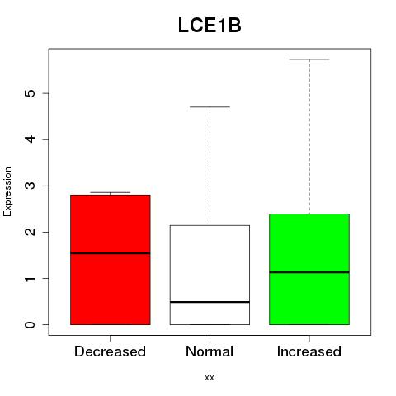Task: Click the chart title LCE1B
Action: pos(210,26)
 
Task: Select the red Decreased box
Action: pos(111,260)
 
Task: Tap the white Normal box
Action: pos(210,275)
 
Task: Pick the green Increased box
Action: pos(309,269)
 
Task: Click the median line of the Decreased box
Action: pos(111,253)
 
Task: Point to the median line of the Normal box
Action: pos(210,302)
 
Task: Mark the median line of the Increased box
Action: pos(309,272)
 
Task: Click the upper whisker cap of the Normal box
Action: pos(210,106)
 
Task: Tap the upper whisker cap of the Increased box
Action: pos(309,59)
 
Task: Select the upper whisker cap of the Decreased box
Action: pos(111,192)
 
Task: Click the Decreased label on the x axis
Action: pos(110,351)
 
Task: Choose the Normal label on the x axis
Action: pos(210,351)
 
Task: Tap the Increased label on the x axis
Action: pos(309,351)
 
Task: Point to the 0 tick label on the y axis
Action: pos(31,325)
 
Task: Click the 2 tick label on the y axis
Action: pos(31,232)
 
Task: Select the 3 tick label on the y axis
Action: pos(31,186)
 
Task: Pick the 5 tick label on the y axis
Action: pos(31,93)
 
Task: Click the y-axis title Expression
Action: pos(7,191)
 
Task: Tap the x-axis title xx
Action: pos(210,378)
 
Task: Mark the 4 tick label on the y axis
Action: pos(31,139)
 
